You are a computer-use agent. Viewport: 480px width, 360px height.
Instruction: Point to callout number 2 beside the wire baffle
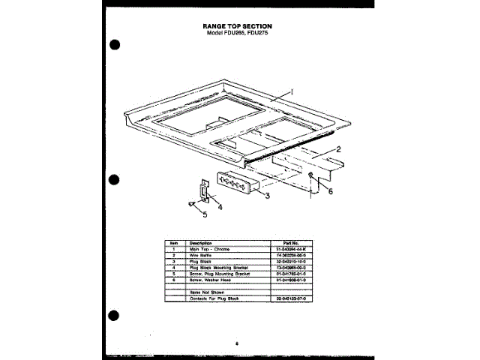[x=338, y=149]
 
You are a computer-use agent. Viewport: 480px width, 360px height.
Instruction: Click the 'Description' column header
[x=200, y=243]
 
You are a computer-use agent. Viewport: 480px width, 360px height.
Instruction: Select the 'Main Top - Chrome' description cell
[x=211, y=249]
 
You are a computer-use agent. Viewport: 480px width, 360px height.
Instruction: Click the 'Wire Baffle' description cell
[x=202, y=255]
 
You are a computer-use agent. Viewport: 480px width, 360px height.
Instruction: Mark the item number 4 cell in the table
[x=173, y=267]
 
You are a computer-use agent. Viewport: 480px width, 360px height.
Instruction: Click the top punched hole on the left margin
[x=114, y=43]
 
